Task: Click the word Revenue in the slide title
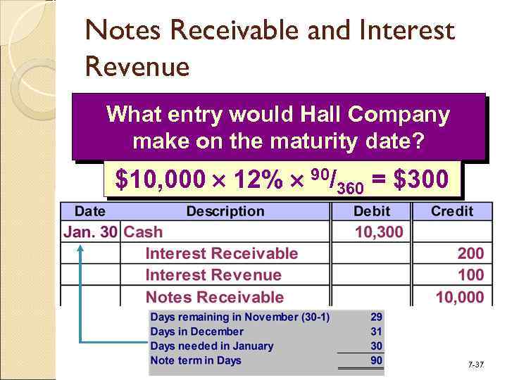pos(137,67)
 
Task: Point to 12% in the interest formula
pos(230,179)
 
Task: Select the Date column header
pos(90,211)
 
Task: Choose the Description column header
pos(225,211)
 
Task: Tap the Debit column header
pos(371,211)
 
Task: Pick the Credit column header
pos(452,211)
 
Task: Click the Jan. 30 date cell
pos(91,232)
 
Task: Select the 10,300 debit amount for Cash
pos(379,232)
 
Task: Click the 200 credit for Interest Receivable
pos(470,253)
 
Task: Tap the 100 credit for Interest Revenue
pos(470,275)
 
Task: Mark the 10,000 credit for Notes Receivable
pos(460,297)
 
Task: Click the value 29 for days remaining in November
pos(377,317)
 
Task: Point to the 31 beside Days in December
pos(377,331)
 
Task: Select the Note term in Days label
pos(196,360)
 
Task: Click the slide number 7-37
pos(476,365)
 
